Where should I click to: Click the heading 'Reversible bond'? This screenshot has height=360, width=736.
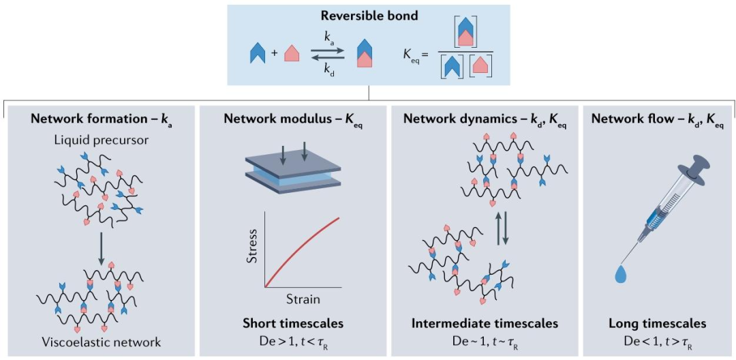[x=368, y=16]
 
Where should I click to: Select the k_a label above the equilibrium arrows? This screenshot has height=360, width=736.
[x=330, y=42]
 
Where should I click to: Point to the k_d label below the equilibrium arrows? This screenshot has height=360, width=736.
[x=330, y=70]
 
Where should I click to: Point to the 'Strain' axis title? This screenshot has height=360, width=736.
[x=302, y=299]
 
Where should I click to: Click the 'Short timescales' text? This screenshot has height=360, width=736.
[x=292, y=323]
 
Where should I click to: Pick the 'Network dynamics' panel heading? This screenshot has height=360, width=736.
[x=483, y=118]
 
